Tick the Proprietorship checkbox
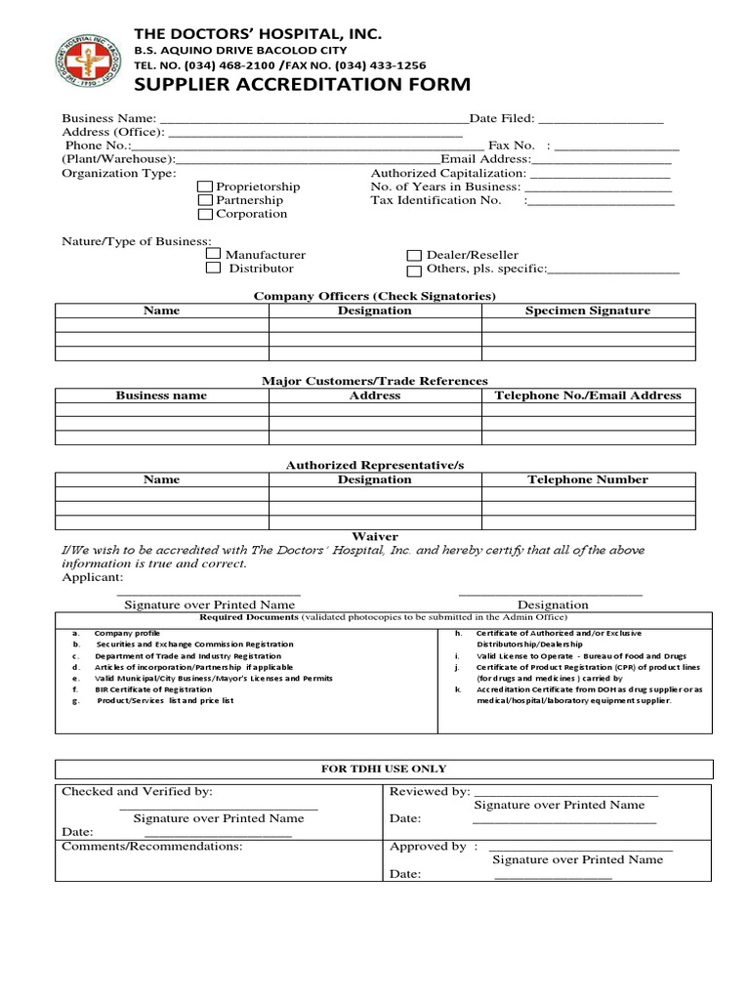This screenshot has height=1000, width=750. (x=205, y=187)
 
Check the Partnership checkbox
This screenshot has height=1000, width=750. (x=205, y=200)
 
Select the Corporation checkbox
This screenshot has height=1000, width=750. (x=205, y=214)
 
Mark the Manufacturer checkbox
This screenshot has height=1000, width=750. (x=213, y=255)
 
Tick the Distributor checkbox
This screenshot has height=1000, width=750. (x=213, y=269)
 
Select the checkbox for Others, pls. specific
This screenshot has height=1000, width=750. (x=414, y=271)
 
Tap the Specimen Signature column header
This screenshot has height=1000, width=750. (x=587, y=311)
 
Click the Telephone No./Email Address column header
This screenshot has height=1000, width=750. (x=588, y=396)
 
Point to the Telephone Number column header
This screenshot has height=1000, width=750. (x=587, y=479)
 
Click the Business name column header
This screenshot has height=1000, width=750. (x=161, y=396)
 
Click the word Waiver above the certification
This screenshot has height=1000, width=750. (x=375, y=536)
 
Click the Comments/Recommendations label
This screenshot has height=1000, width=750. (x=152, y=847)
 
